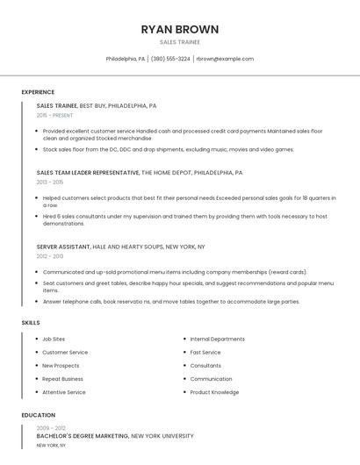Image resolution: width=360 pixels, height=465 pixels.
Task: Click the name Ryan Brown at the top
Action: [180, 29]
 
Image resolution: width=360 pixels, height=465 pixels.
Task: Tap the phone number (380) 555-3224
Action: [170, 59]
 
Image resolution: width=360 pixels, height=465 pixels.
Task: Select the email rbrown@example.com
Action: [225, 59]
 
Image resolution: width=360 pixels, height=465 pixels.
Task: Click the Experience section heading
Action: [38, 92]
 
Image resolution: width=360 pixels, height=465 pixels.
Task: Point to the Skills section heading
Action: [31, 323]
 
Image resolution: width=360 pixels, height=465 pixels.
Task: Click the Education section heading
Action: [38, 415]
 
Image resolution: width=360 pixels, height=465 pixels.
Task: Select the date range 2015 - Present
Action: [55, 115]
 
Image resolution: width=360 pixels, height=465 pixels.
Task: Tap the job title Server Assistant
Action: [63, 247]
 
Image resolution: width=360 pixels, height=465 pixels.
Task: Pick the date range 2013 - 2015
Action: [49, 182]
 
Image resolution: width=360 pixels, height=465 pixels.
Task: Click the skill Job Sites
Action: [54, 339]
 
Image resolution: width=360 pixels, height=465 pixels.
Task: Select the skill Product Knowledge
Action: [214, 392]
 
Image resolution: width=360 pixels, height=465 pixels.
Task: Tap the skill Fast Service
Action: [205, 352]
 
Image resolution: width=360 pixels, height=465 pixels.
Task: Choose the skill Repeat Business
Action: [62, 379]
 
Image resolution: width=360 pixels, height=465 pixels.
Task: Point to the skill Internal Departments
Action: [217, 339]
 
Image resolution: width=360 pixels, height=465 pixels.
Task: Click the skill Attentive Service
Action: [64, 392]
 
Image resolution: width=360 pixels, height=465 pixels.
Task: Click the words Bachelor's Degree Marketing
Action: [83, 435]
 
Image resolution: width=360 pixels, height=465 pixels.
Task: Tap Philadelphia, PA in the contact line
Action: [126, 59]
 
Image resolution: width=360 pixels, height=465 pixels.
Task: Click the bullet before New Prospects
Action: [35, 366]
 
